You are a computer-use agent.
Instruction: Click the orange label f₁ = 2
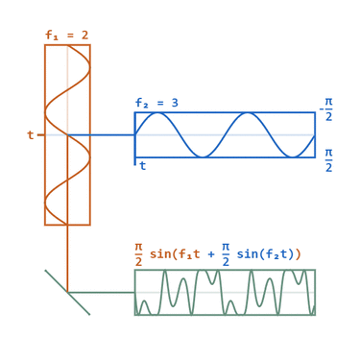(x=66, y=36)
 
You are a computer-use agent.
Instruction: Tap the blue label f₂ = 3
(x=156, y=103)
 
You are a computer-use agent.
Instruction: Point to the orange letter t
(x=31, y=135)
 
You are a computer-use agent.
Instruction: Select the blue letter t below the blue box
(x=143, y=166)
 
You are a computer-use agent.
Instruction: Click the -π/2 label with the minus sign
(x=326, y=108)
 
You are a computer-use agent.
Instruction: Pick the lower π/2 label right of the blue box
(x=328, y=159)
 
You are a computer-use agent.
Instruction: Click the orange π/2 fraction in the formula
(x=138, y=254)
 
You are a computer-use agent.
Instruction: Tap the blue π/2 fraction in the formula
(x=226, y=254)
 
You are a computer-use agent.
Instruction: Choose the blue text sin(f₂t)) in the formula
(x=269, y=254)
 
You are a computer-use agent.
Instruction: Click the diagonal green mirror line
(x=67, y=292)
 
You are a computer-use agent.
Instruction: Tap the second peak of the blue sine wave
(x=248, y=113)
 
